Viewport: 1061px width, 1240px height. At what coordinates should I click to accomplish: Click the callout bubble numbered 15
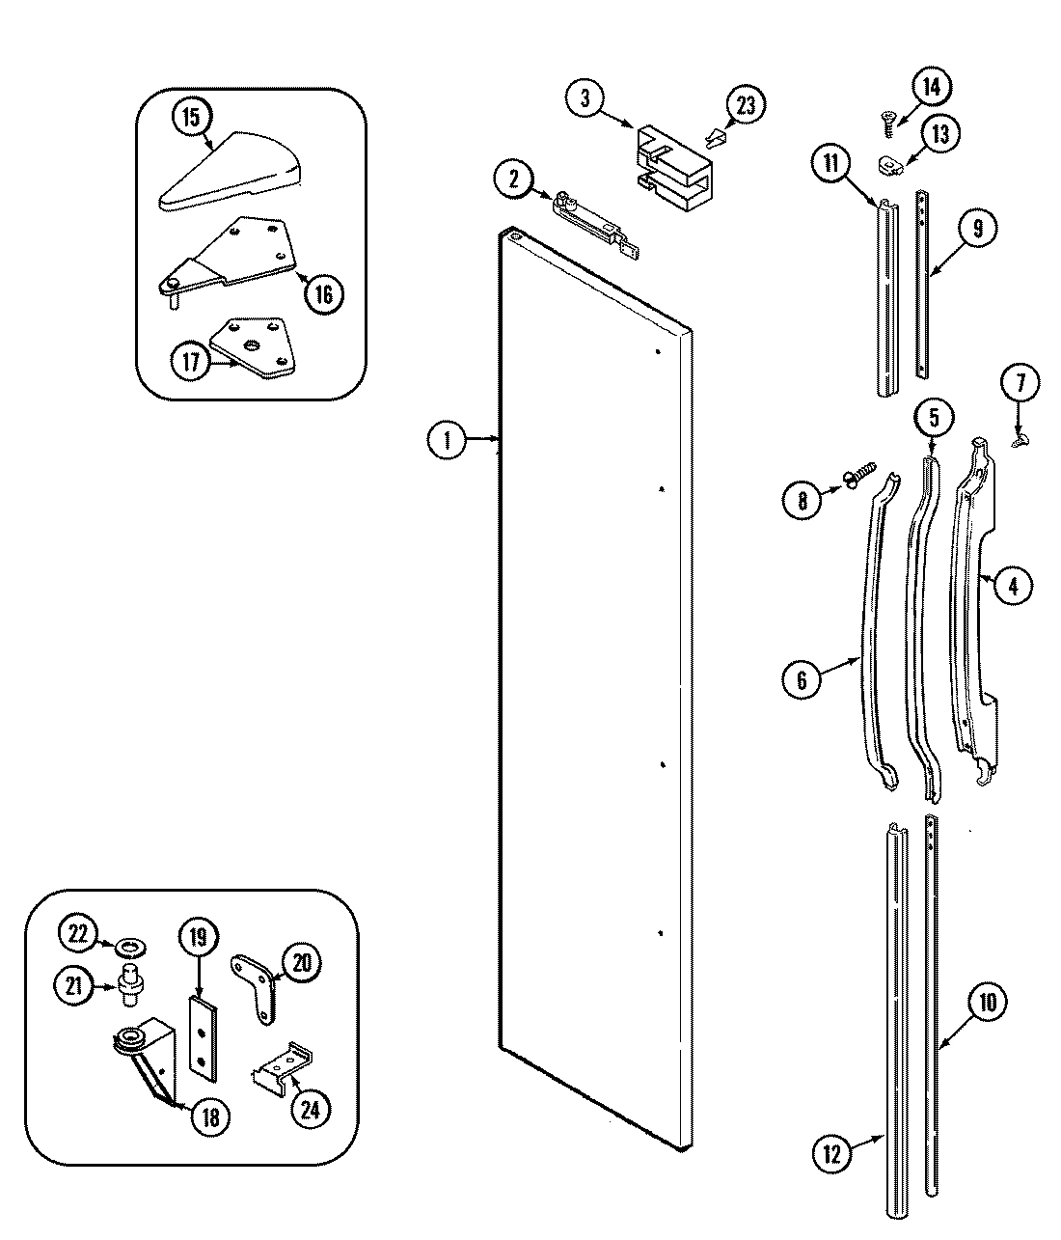[x=191, y=118]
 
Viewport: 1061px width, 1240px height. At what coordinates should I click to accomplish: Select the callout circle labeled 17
[x=191, y=364]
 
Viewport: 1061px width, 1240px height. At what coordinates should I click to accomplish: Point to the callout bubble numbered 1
[x=446, y=441]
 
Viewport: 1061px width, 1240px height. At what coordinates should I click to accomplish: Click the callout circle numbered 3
[x=585, y=98]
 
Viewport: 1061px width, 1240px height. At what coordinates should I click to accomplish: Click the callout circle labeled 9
[x=977, y=229]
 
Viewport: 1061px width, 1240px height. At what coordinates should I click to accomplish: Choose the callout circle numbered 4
[x=1012, y=585]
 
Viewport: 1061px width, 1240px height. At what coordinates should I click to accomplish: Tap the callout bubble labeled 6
[x=802, y=679]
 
